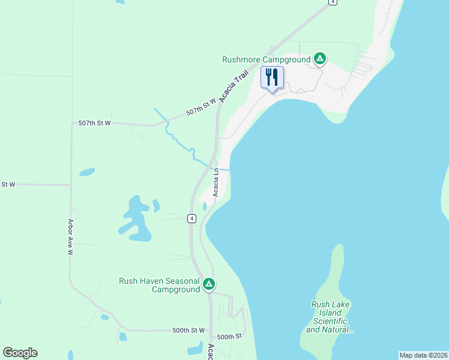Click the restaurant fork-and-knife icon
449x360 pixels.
click(272, 77)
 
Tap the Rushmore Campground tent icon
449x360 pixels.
click(320, 59)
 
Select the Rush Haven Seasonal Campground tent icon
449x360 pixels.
click(208, 284)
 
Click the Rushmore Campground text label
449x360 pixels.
click(266, 59)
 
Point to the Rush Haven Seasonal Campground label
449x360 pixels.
click(159, 285)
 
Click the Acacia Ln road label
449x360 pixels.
click(216, 180)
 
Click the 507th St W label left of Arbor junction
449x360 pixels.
click(94, 123)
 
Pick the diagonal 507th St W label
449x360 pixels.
click(200, 107)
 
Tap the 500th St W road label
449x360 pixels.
click(188, 331)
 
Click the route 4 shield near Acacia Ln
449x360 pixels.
click(191, 218)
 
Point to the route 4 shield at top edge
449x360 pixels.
click(332, 2)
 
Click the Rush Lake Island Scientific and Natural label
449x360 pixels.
click(330, 317)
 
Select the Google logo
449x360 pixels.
click(20, 353)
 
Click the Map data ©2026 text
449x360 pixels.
click(423, 355)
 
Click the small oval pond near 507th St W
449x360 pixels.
click(86, 172)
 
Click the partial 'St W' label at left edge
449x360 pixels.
click(8, 184)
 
